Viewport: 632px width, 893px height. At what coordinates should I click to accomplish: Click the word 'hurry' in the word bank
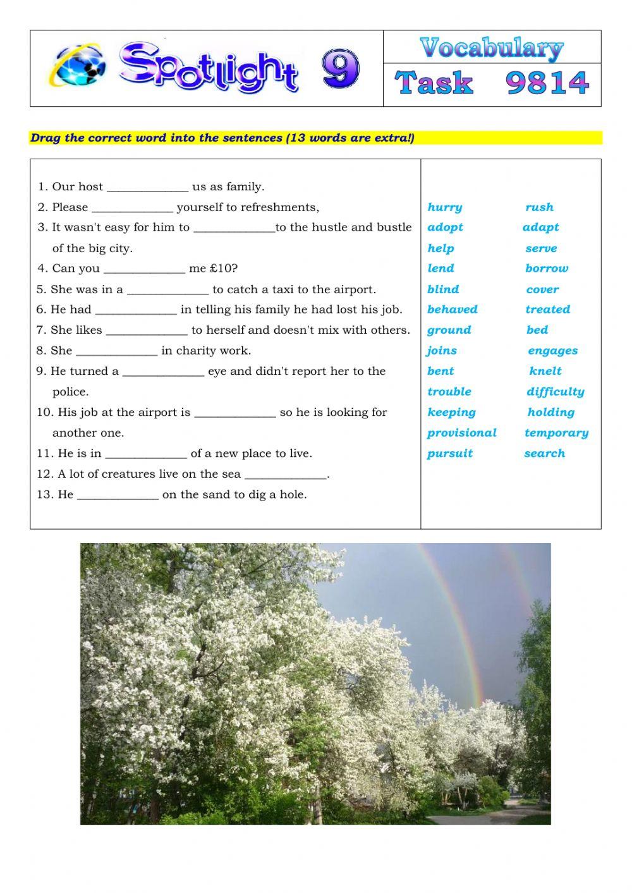click(x=444, y=207)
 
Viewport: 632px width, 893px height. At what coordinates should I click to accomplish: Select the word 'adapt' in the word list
click(x=540, y=228)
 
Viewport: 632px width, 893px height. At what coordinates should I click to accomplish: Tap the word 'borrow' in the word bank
click(x=546, y=269)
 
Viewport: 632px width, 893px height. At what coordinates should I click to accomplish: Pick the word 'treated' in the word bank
click(x=547, y=310)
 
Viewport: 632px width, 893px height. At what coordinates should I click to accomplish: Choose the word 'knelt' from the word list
click(x=545, y=372)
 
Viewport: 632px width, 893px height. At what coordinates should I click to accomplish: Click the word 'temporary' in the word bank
click(x=556, y=433)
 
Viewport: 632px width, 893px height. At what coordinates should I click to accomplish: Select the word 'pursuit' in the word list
click(x=449, y=454)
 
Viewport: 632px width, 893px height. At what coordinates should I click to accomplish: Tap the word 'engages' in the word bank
click(x=552, y=351)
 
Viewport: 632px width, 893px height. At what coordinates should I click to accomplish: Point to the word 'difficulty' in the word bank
click(x=555, y=392)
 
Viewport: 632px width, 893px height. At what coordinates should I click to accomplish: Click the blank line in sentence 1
click(x=147, y=188)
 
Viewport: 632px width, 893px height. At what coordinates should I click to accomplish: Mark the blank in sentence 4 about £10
click(x=144, y=270)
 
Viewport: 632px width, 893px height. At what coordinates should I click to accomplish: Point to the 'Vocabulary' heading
click(x=491, y=47)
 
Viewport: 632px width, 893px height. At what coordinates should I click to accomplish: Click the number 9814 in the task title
click(x=547, y=83)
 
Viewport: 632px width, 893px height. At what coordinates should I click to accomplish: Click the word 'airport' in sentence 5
click(x=354, y=290)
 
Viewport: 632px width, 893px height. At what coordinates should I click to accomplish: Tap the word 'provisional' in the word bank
click(x=461, y=433)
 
